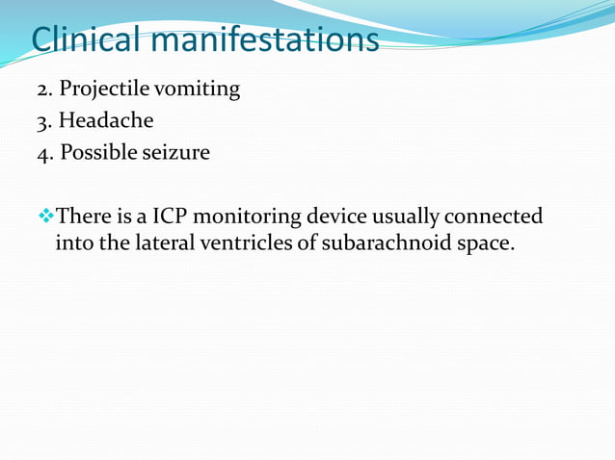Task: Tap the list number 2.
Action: pos(42,90)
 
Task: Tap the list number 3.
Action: pos(42,122)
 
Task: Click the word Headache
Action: pos(106,120)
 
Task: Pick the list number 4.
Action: pos(42,152)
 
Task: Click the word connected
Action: pos(494,216)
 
